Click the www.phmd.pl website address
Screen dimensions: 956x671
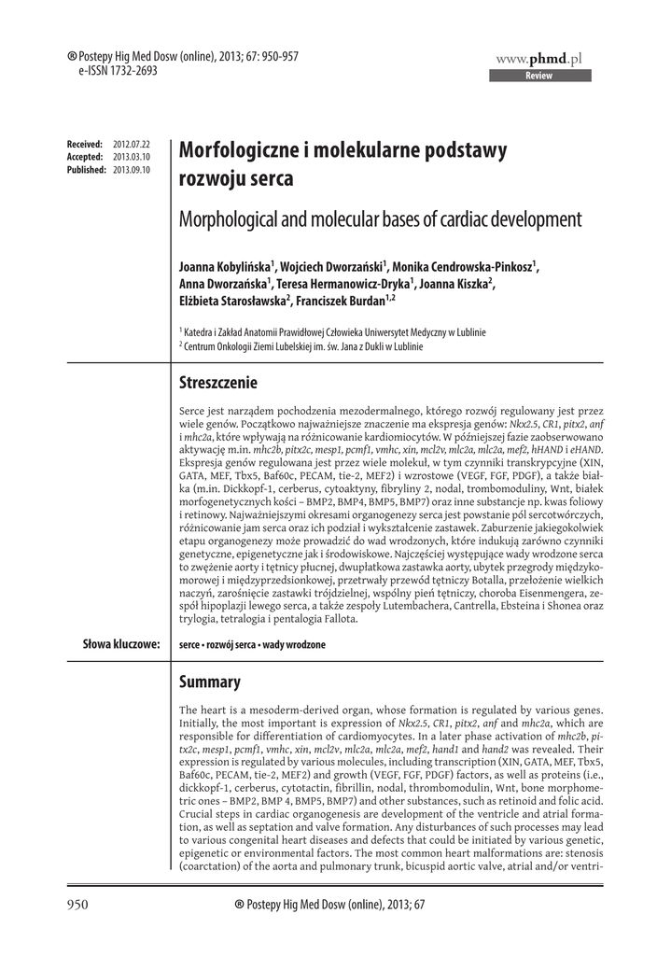(538, 59)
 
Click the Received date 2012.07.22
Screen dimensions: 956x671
(131, 146)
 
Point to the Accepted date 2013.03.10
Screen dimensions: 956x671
(131, 158)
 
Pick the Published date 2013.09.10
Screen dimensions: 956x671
(131, 170)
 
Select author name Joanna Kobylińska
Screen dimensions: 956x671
(224, 268)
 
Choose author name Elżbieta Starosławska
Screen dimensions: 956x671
(232, 300)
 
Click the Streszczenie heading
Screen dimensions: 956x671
(217, 383)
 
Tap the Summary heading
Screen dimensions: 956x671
(209, 682)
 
